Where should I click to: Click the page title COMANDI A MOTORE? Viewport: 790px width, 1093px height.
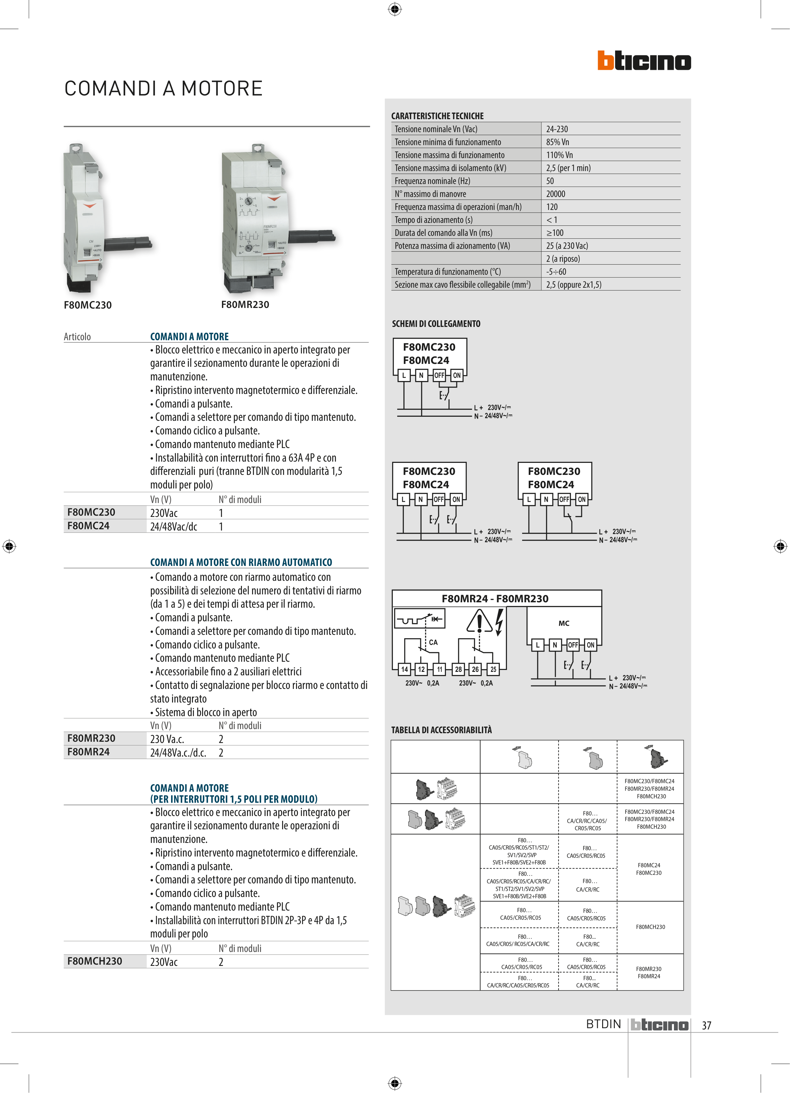pos(164,89)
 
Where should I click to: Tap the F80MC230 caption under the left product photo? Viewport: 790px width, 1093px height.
pos(88,305)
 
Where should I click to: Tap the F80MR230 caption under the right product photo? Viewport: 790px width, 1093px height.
pos(245,304)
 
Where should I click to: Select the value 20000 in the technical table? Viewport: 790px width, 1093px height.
pos(555,194)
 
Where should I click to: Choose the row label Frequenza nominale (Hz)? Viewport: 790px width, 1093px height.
pos(432,181)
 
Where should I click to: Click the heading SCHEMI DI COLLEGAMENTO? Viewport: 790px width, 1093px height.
pos(436,324)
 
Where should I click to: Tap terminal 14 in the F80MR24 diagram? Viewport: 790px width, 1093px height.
pos(404,669)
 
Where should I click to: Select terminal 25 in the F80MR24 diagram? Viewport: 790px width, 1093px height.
pos(493,669)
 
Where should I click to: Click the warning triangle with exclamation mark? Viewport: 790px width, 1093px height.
pos(479,622)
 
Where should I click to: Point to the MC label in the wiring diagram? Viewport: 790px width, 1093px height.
pos(564,623)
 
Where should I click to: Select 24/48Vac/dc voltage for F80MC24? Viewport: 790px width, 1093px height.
pos(174,527)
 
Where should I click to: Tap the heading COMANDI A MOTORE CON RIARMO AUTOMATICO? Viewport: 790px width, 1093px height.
pos(241,562)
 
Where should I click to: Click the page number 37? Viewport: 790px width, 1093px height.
pos(706,1026)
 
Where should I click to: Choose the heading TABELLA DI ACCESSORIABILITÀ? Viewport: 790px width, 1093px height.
pos(441,730)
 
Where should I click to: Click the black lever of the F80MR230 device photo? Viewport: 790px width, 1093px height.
pos(312,236)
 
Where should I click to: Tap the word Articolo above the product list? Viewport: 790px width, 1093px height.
pos(77,337)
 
